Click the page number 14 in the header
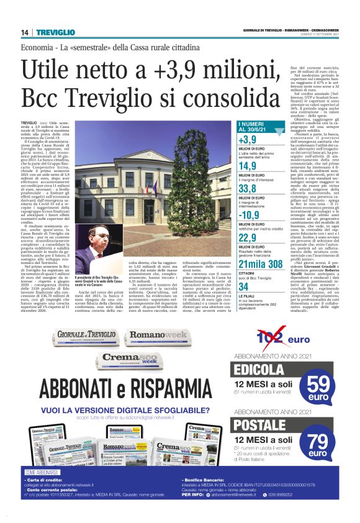coord(25,32)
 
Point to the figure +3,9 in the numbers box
coord(247,140)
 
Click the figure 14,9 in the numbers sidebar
coord(248,166)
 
